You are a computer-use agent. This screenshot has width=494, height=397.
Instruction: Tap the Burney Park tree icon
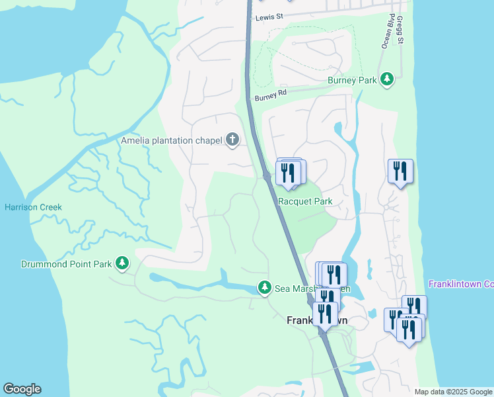387,80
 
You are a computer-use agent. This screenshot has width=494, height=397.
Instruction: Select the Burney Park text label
352,81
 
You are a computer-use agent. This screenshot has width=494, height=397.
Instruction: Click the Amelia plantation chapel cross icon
232,140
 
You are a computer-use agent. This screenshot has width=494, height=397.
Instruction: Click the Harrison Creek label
33,207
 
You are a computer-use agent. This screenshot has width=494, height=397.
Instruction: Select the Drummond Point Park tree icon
122,263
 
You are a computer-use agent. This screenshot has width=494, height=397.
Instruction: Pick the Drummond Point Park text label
57,265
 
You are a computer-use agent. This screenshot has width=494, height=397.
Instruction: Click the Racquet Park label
305,201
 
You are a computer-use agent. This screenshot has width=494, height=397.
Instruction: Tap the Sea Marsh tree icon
264,287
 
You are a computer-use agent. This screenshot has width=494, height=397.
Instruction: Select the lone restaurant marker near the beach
400,171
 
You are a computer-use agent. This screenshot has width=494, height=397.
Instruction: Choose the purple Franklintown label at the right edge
461,284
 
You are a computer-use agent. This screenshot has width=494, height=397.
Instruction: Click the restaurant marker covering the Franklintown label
326,314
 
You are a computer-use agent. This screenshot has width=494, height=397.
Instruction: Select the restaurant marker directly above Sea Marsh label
334,274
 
